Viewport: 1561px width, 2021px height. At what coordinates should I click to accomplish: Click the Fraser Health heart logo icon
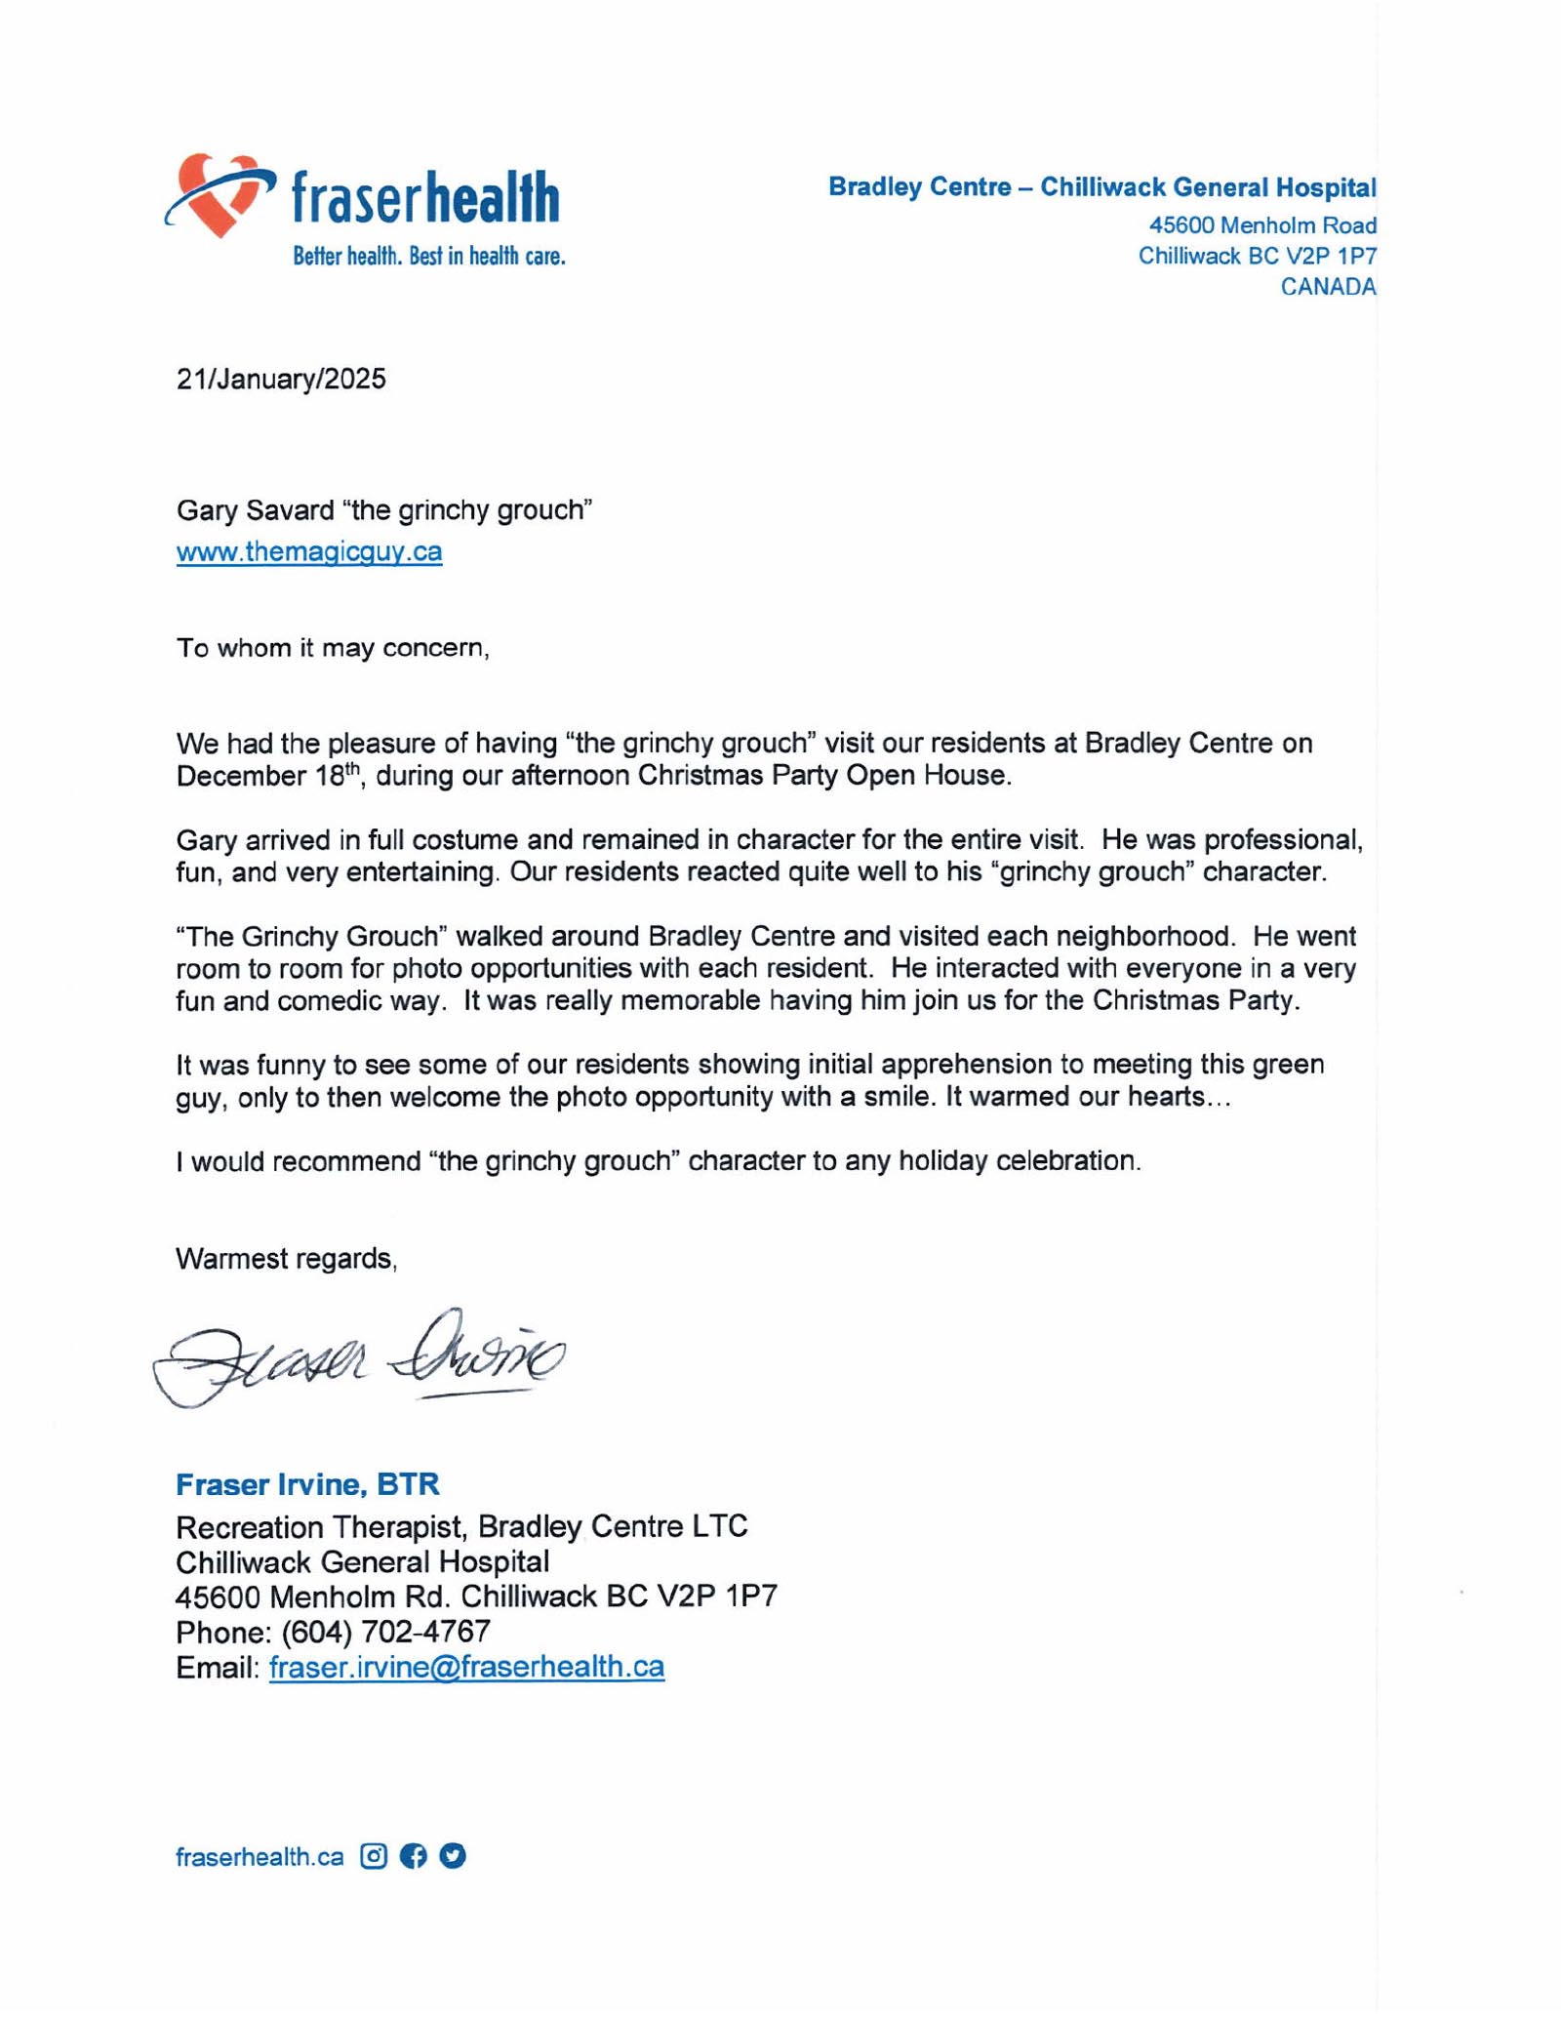[x=220, y=194]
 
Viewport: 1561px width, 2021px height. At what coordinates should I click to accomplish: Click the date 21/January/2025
[x=281, y=379]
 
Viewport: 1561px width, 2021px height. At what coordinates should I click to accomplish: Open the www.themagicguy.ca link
[x=309, y=551]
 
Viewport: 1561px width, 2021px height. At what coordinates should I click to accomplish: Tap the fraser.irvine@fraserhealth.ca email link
[x=466, y=1666]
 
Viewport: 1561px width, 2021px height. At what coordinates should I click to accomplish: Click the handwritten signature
[x=358, y=1357]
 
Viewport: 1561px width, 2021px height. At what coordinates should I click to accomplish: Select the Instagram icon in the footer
[x=374, y=1856]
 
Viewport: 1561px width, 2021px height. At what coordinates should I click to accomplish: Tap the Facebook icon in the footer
[x=413, y=1856]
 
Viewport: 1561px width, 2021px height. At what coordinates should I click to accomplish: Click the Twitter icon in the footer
[x=453, y=1856]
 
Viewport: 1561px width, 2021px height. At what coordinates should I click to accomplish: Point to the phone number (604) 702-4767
[x=386, y=1632]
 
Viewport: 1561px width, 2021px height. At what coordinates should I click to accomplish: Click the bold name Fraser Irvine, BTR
[x=307, y=1485]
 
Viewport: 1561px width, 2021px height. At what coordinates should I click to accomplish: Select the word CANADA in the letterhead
[x=1328, y=287]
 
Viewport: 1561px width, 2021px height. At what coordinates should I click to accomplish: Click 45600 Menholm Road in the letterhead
[x=1262, y=225]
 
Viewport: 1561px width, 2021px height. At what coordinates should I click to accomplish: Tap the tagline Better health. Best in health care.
[x=429, y=257]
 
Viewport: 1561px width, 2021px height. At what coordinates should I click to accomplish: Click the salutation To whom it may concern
[x=332, y=648]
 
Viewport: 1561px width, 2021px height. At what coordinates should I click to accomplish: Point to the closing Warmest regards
[x=286, y=1259]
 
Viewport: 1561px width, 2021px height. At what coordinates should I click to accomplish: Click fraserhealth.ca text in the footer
[x=260, y=1857]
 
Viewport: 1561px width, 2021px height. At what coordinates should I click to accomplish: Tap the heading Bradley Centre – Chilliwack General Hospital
[x=1101, y=187]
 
